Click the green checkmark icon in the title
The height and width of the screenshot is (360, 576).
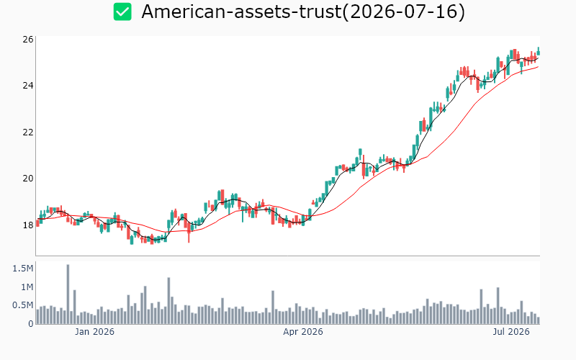click(122, 12)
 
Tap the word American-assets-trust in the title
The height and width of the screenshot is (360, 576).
click(241, 12)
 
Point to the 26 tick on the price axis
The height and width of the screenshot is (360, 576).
click(28, 40)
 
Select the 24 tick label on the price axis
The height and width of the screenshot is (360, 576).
click(28, 86)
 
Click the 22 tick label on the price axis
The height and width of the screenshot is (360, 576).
click(28, 132)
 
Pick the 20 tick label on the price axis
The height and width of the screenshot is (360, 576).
click(28, 179)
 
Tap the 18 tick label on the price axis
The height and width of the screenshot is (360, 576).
click(28, 225)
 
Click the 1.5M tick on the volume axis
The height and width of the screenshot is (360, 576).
click(23, 269)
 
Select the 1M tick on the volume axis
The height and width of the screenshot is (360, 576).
click(27, 287)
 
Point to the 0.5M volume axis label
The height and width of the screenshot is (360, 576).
click(23, 305)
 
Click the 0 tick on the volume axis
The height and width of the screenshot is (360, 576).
click(31, 323)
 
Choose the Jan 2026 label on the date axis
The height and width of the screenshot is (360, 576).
click(95, 332)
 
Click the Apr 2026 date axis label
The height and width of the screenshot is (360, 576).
click(303, 332)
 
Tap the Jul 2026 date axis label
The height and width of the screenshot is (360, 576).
click(511, 332)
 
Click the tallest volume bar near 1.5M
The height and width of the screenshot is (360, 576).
click(68, 294)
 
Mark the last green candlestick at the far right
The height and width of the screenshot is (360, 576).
click(539, 51)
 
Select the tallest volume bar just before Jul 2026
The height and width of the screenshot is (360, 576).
click(498, 305)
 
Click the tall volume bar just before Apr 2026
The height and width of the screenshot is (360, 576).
click(273, 307)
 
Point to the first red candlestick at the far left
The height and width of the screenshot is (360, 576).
click(37, 222)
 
